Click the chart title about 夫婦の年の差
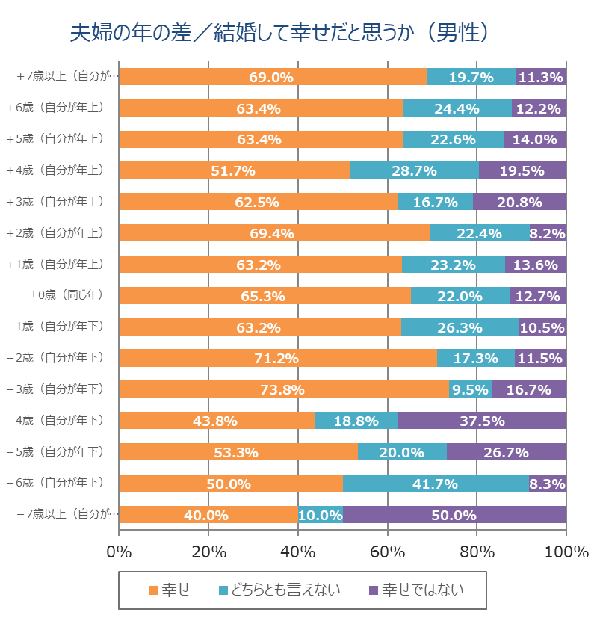coord(279,33)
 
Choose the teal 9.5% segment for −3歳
coord(470,389)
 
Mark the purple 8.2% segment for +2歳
coord(548,232)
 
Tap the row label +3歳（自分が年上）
coord(64,201)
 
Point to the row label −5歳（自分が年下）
coord(64,451)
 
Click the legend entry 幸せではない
coord(421,590)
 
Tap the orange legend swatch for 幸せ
coord(153,590)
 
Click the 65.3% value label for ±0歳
coord(263,296)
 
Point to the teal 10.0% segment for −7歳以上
coord(321,514)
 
